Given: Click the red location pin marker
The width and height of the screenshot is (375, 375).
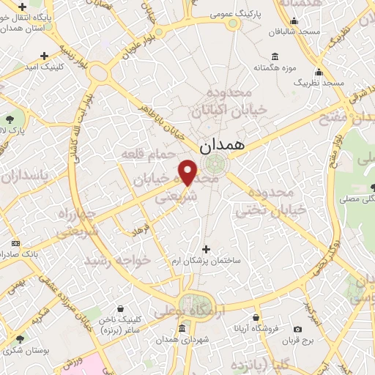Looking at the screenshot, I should click(188, 173).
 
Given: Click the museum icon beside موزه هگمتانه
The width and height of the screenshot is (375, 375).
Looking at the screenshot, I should click(275, 56).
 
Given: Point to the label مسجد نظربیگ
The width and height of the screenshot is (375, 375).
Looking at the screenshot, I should click(319, 83).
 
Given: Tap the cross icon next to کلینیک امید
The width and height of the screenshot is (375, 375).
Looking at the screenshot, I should click(45, 55).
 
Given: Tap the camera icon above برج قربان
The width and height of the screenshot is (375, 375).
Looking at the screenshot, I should click(298, 330).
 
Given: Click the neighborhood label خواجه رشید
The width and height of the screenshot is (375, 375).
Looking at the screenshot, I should click(116, 260).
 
